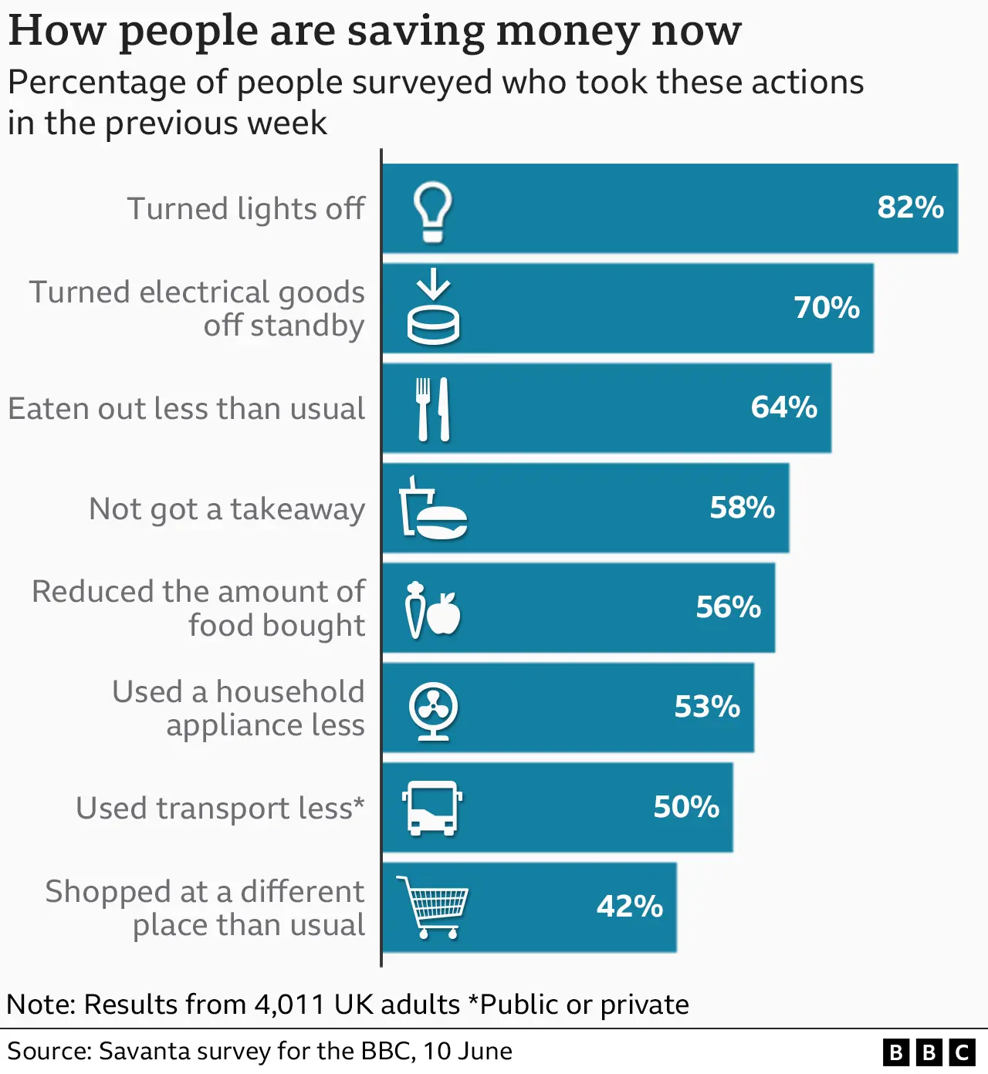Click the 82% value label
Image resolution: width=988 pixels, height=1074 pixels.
[910, 208]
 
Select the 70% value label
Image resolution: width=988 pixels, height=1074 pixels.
[827, 308]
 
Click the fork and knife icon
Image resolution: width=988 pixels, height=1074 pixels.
[433, 409]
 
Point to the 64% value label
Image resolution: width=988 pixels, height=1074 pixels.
[783, 407]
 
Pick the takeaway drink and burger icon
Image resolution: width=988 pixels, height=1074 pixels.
[433, 508]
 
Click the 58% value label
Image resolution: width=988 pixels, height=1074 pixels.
[742, 508]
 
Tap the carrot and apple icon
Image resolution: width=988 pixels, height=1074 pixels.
[432, 610]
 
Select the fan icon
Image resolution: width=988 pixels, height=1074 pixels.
[433, 710]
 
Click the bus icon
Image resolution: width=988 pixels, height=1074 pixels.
[432, 808]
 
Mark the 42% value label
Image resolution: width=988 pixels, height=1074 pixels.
[629, 907]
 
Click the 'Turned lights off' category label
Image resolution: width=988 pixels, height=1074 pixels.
[245, 209]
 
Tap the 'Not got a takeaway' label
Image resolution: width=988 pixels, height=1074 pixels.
[227, 509]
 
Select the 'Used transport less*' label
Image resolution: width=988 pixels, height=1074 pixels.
[220, 809]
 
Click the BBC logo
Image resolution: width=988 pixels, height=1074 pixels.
[929, 1052]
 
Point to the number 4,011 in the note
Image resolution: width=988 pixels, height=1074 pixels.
[289, 1005]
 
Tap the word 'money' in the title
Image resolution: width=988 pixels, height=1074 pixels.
[567, 31]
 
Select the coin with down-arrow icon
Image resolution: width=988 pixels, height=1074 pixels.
[433, 307]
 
